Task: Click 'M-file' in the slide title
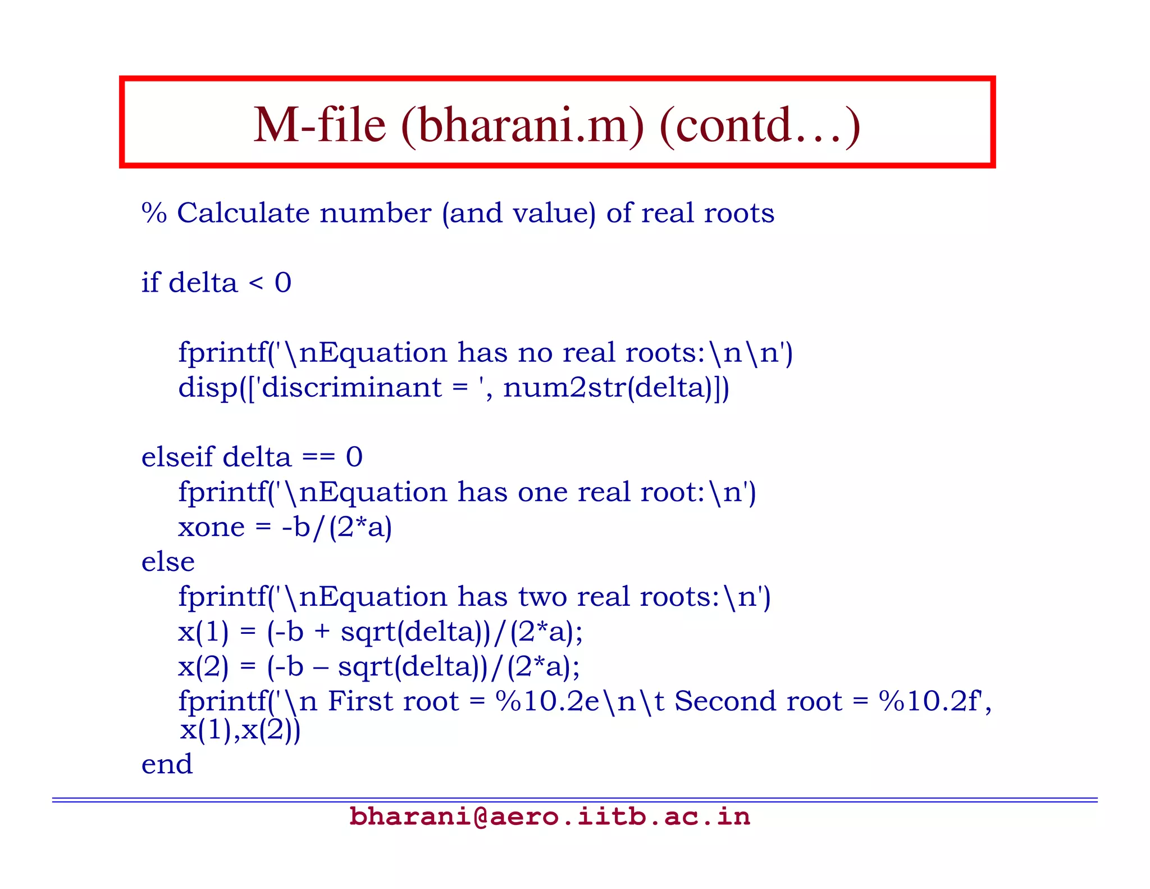click(320, 125)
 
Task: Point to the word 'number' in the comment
click(375, 214)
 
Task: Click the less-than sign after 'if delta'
click(255, 283)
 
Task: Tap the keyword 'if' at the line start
click(150, 282)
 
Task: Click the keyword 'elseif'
click(177, 456)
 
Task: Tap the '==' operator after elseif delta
click(318, 457)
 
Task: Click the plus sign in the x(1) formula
click(322, 632)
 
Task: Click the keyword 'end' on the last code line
click(167, 764)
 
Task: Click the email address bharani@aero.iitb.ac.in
click(549, 817)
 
